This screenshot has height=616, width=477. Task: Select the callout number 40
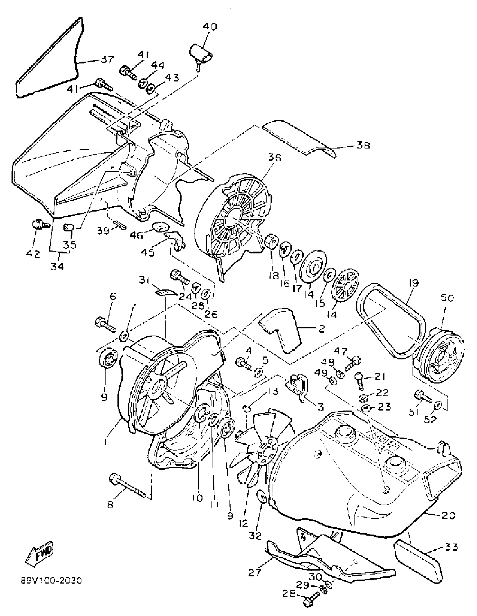point(210,27)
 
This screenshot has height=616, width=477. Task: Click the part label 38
point(363,146)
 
